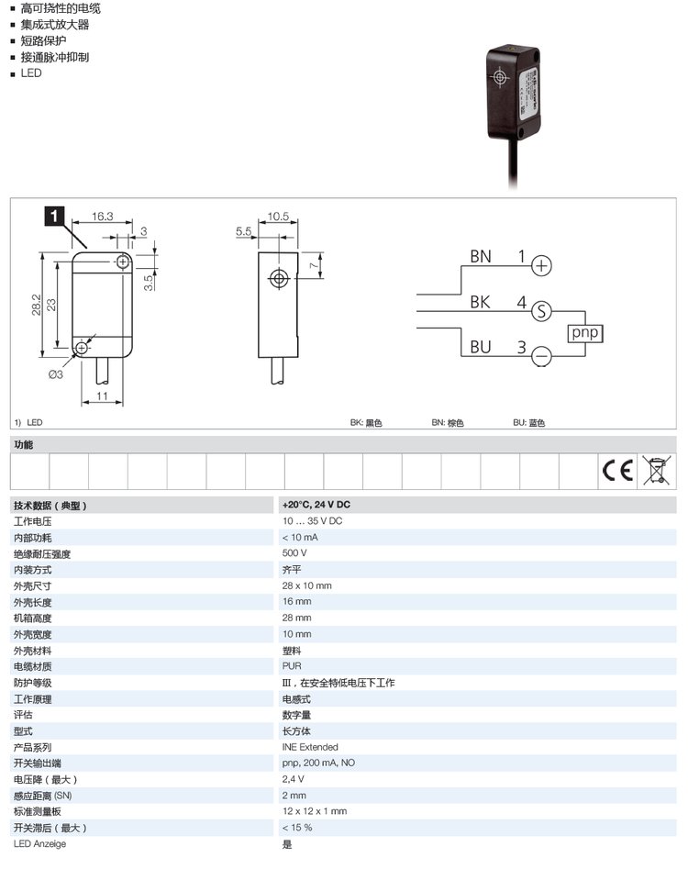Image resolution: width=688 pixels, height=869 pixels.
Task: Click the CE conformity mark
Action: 617,471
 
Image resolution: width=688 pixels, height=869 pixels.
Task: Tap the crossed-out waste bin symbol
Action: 654,470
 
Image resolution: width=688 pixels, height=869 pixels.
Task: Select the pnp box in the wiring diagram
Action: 584,333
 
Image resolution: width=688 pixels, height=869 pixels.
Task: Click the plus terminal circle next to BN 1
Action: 542,266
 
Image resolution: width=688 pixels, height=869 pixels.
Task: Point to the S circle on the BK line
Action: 542,310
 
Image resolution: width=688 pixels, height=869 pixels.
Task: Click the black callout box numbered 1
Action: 54,217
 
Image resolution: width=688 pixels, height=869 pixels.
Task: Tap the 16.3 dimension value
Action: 103,217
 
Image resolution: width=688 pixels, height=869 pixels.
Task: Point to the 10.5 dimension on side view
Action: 278,217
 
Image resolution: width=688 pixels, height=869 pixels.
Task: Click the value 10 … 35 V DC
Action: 312,521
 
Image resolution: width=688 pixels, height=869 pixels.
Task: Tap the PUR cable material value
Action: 292,666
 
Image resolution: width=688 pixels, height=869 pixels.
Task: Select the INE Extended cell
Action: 310,747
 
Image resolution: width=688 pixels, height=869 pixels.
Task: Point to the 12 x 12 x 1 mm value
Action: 314,811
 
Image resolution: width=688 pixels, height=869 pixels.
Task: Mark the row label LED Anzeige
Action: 39,843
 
